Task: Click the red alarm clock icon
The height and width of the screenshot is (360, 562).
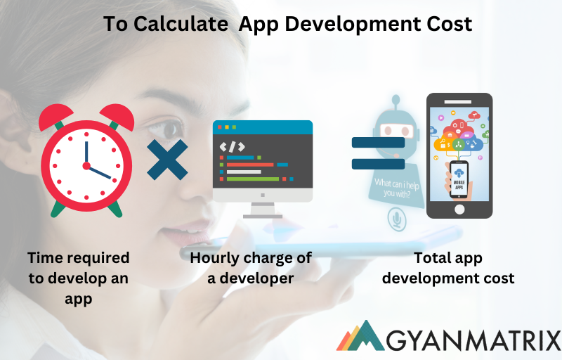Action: click(86, 162)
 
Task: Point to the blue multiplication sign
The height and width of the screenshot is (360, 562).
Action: click(167, 160)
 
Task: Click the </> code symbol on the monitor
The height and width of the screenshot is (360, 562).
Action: click(233, 146)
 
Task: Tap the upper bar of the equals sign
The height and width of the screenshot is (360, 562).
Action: click(378, 143)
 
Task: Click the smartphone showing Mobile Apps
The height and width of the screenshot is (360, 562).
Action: click(459, 155)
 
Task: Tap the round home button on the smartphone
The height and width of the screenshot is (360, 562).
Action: click(459, 209)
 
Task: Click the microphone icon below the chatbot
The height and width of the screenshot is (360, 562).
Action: click(398, 222)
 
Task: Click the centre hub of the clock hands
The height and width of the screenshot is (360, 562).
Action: click(86, 166)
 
